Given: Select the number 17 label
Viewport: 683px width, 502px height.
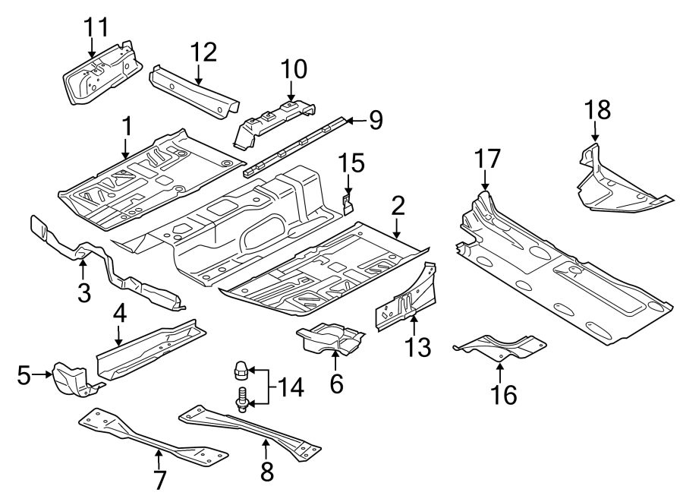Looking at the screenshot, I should pos(489,160).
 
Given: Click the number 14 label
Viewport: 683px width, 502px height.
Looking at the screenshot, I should pos(290,388).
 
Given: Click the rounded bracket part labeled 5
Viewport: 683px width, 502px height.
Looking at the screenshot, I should pos(70,380).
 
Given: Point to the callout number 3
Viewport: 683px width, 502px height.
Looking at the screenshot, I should pos(83,290).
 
